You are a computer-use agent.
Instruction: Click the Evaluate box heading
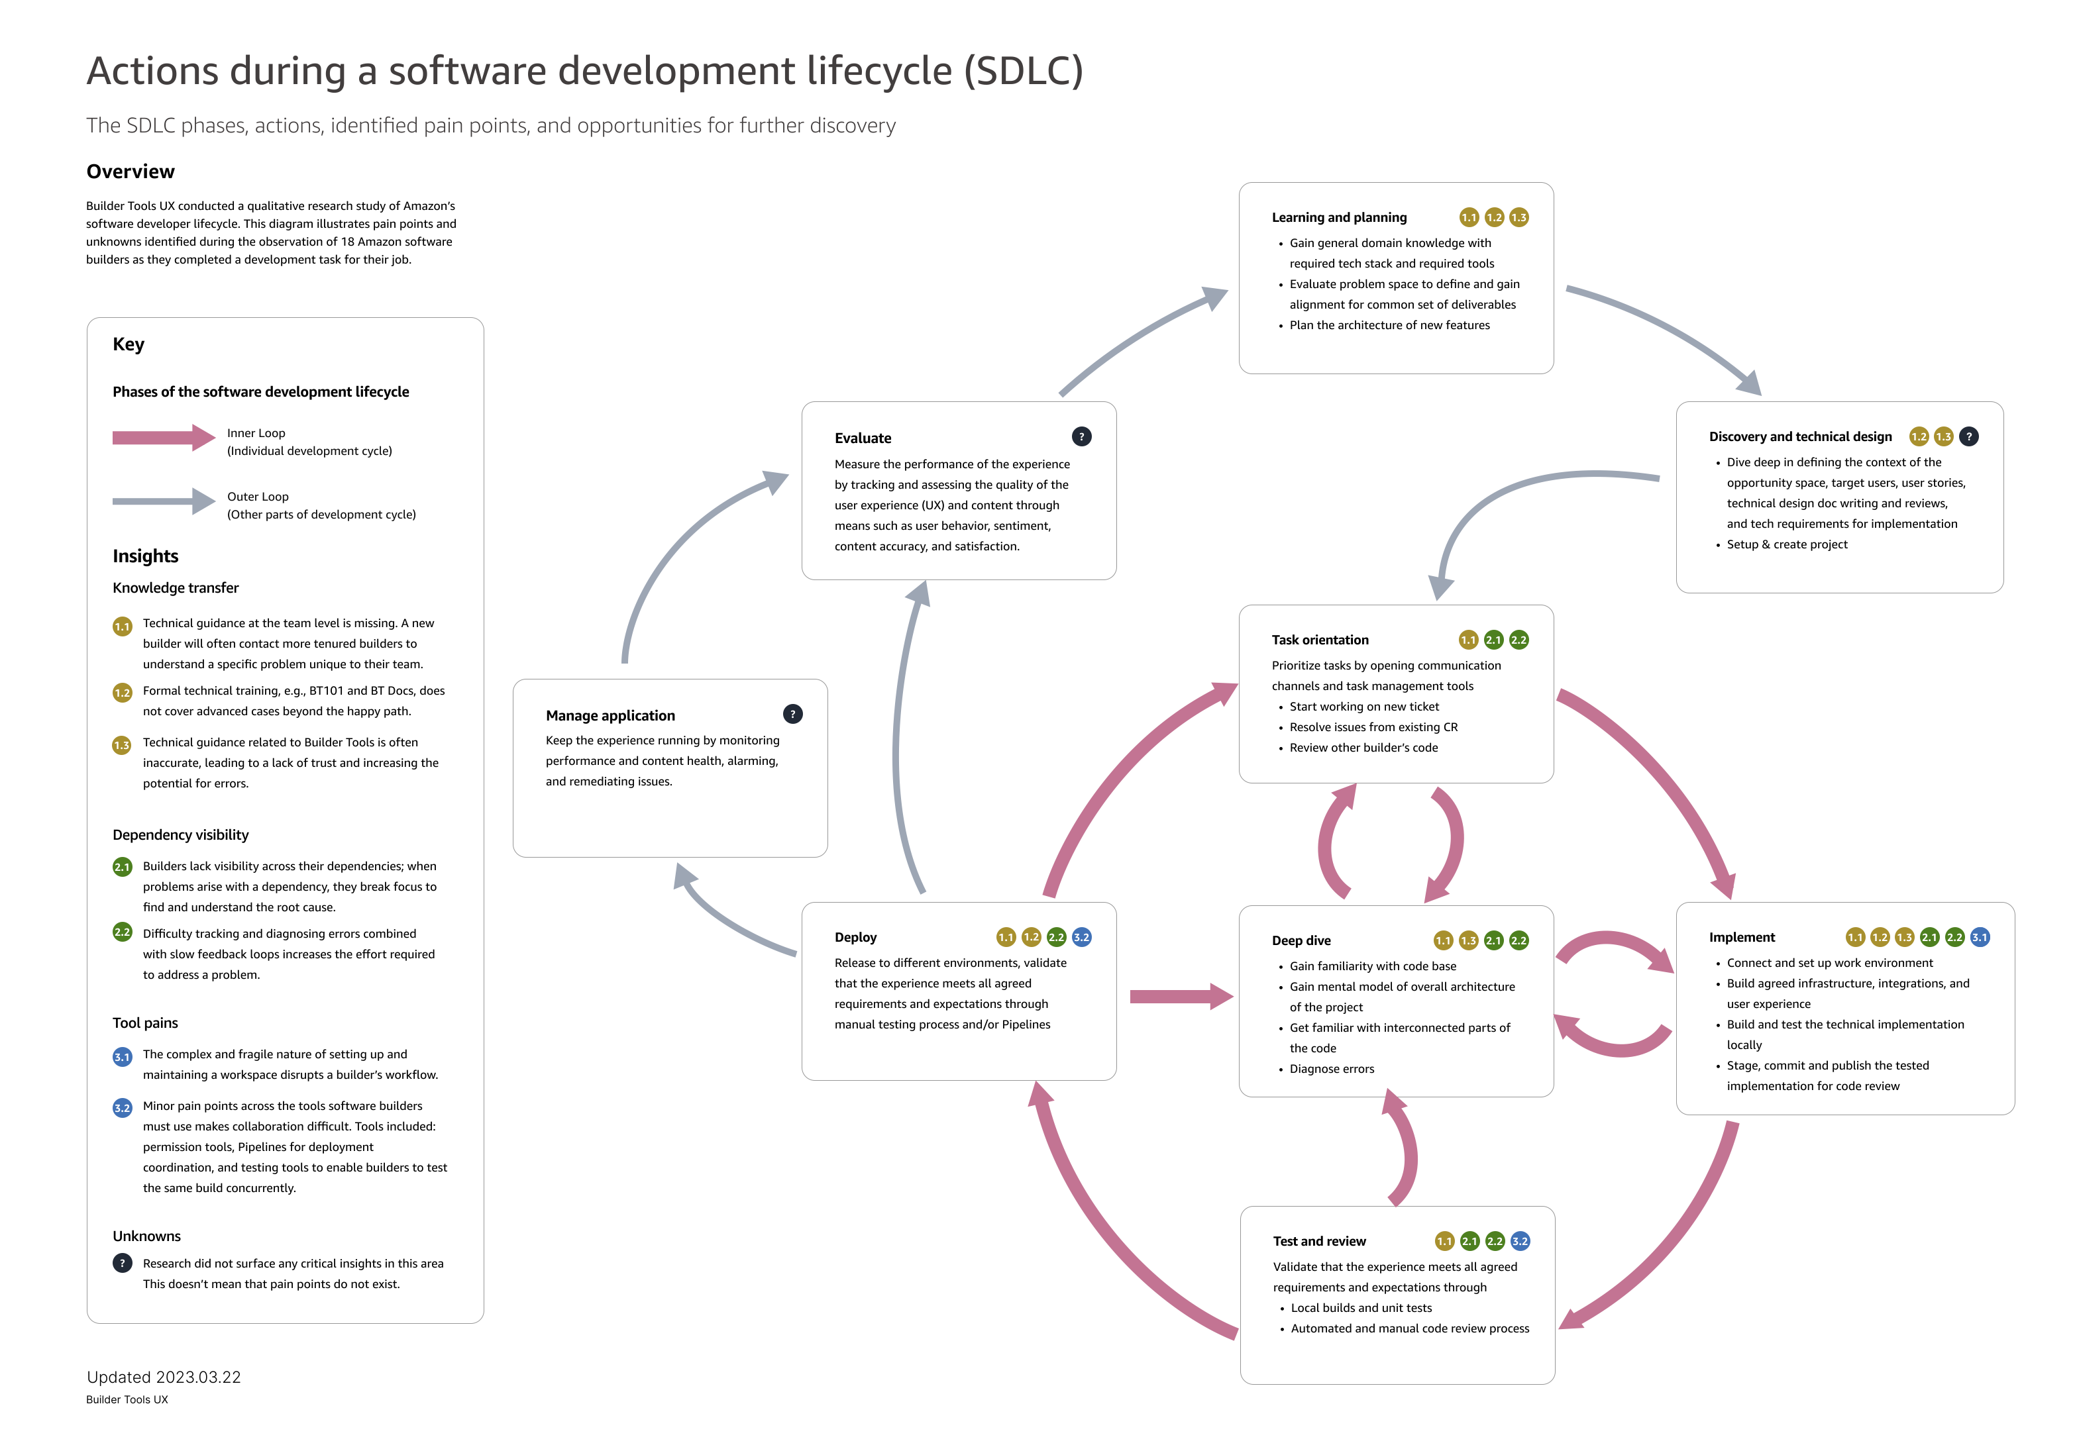[x=862, y=438]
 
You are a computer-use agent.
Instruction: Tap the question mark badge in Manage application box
[x=792, y=714]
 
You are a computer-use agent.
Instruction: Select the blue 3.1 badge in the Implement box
[x=1980, y=937]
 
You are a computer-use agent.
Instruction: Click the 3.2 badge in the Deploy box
[x=1081, y=937]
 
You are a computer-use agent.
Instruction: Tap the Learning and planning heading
[x=1339, y=217]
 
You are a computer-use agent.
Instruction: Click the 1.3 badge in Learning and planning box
[x=1519, y=217]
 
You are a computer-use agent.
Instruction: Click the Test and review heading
[x=1319, y=1241]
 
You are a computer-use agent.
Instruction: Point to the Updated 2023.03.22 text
[x=164, y=1377]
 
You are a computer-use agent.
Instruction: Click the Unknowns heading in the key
[x=146, y=1236]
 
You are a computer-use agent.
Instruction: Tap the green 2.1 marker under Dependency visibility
[x=122, y=866]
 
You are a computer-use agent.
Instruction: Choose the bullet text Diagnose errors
[x=1332, y=1069]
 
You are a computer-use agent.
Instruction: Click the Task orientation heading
[x=1320, y=640]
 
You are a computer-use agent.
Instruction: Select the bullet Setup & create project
[x=1787, y=544]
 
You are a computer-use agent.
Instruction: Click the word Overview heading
[x=131, y=172]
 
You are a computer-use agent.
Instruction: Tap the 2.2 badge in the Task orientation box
[x=1519, y=640]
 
